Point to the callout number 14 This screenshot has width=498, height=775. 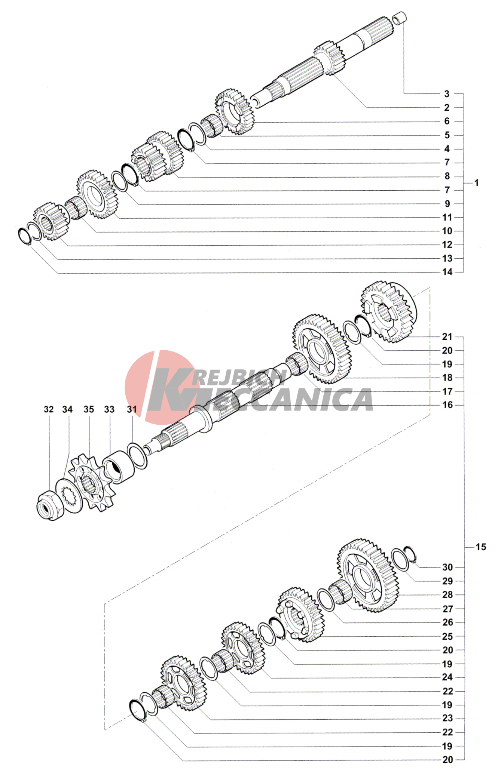(447, 272)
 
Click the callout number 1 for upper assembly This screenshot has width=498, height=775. (476, 183)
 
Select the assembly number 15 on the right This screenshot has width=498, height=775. (481, 547)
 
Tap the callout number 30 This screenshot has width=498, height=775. (447, 567)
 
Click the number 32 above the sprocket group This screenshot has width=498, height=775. (49, 409)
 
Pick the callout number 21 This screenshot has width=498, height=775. (447, 336)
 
